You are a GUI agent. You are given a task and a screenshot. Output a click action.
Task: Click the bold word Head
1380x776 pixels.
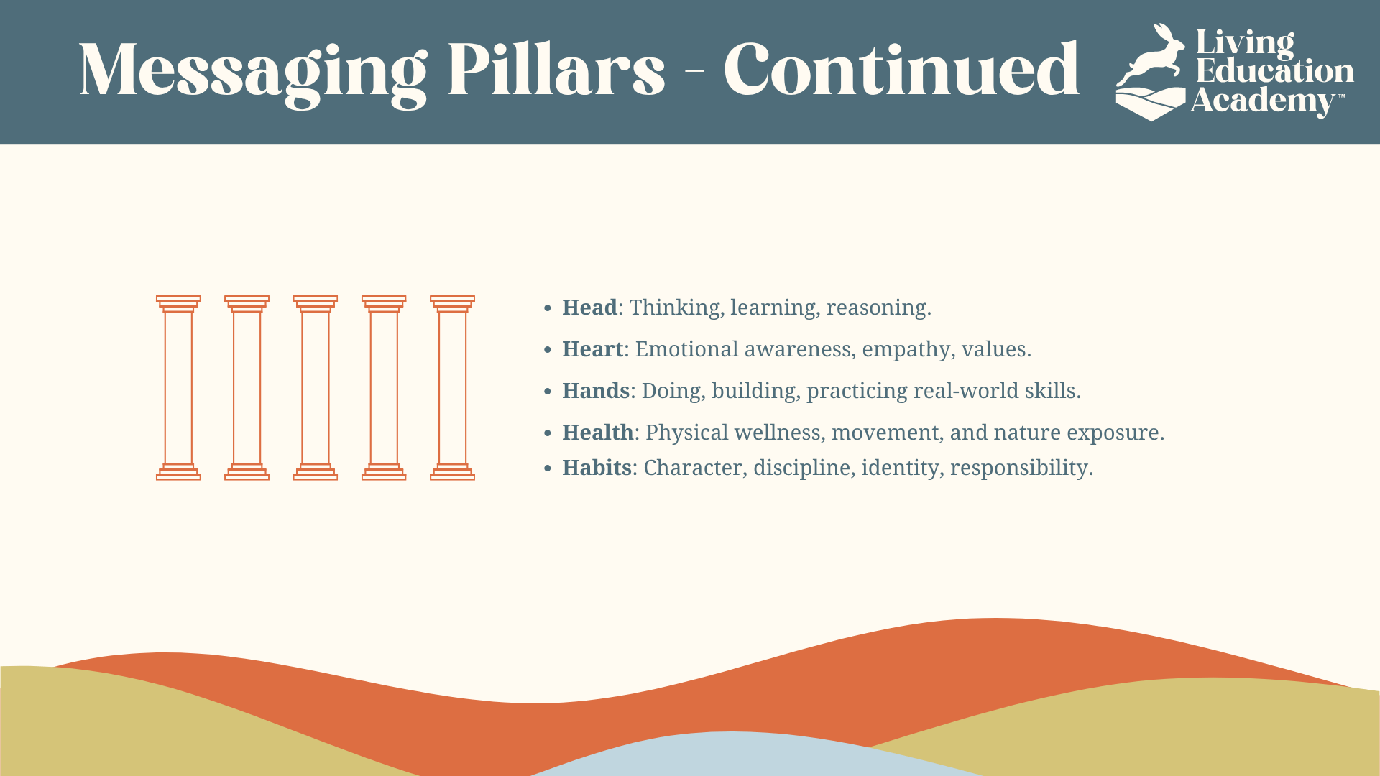[589, 308]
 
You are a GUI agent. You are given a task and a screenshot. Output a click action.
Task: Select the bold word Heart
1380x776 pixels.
[592, 349]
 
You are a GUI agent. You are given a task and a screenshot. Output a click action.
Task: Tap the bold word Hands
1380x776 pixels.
[596, 391]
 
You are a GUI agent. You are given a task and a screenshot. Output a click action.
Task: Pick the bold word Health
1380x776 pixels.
[597, 433]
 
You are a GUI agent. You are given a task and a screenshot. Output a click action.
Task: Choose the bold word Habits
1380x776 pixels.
[597, 468]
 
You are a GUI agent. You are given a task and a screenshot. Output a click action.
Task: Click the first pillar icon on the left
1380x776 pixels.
[178, 388]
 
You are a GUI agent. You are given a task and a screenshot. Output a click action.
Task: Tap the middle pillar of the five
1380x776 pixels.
[316, 388]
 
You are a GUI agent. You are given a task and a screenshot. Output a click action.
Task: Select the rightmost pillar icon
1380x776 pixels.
[453, 388]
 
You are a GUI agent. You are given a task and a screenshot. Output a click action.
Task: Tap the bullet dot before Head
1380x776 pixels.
[548, 309]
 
